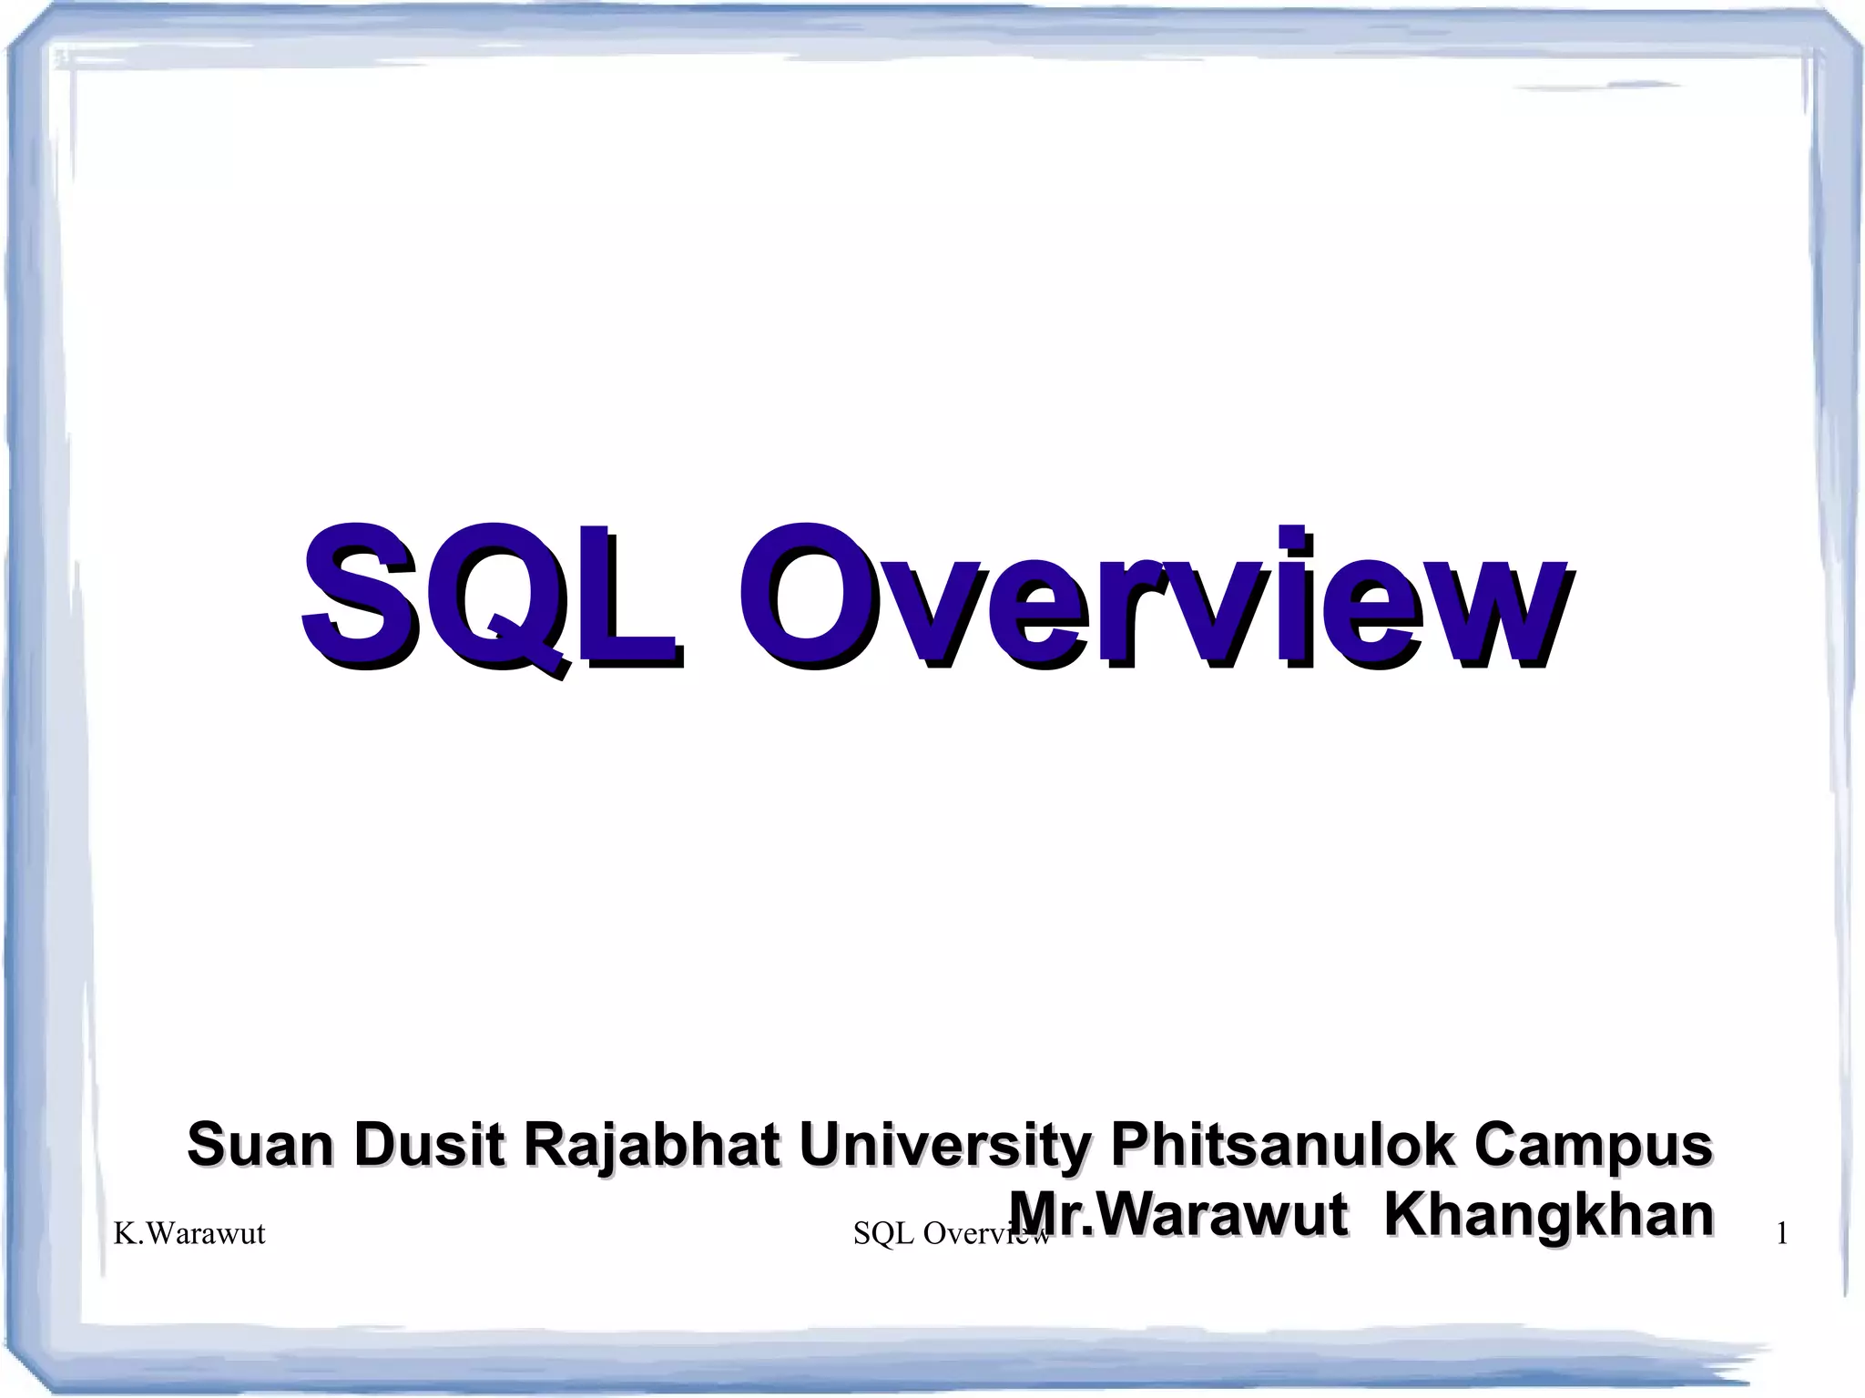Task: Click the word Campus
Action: point(1593,1146)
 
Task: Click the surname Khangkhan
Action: point(1548,1216)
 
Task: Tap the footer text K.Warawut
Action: point(189,1233)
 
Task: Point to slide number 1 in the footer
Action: point(1782,1234)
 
